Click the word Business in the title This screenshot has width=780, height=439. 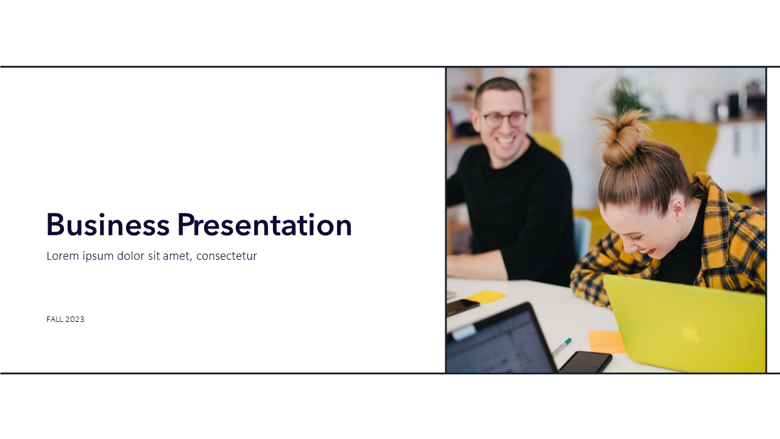click(x=108, y=224)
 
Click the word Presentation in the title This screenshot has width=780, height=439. click(x=264, y=224)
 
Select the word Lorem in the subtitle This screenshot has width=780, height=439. click(x=63, y=255)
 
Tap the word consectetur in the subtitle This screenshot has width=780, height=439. click(x=227, y=256)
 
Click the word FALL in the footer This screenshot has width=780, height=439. click(x=55, y=319)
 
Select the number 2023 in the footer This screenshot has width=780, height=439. click(x=75, y=319)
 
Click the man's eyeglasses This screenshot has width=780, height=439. click(x=503, y=120)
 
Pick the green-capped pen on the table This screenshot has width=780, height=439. click(x=561, y=347)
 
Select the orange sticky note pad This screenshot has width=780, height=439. click(x=606, y=341)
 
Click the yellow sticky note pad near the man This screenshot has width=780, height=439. click(x=486, y=296)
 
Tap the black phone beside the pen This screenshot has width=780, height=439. click(x=585, y=362)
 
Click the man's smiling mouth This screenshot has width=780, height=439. click(x=505, y=141)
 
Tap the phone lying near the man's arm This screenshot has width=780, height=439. click(x=462, y=307)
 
